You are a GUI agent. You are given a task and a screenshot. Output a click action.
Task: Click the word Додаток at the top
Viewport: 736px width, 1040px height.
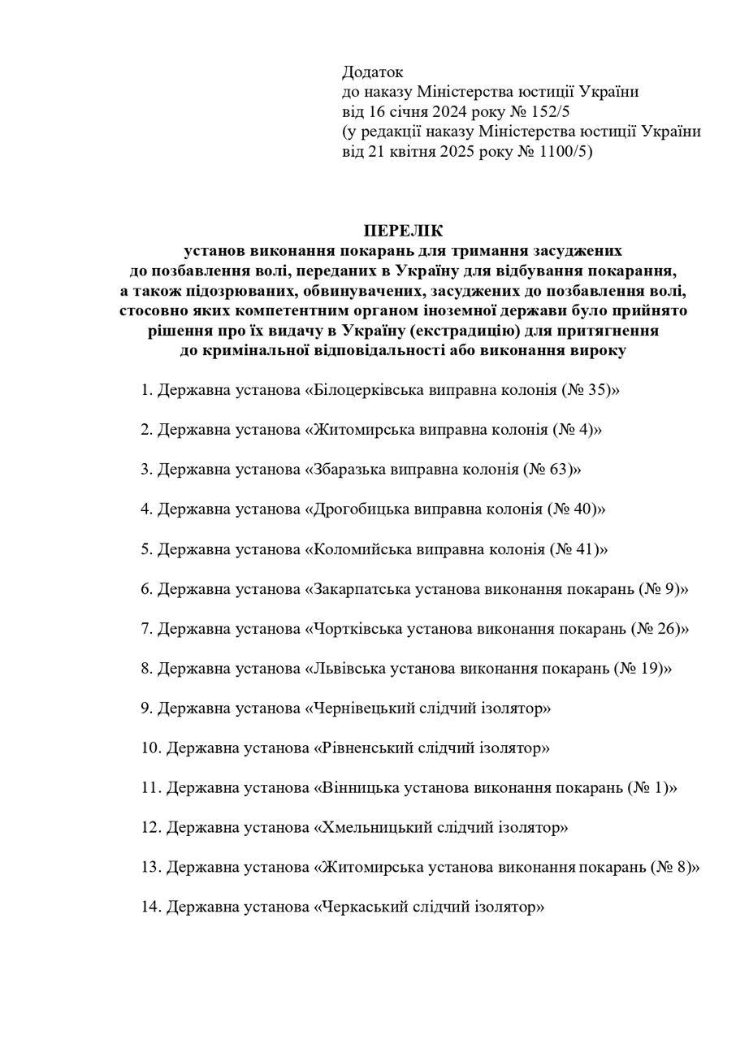(373, 72)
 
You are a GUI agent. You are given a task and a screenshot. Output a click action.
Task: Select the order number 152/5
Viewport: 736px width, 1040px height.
(549, 112)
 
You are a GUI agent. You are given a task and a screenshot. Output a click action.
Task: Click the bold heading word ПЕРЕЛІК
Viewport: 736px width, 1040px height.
(404, 231)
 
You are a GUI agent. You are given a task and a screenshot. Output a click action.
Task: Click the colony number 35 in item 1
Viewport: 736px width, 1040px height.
(598, 390)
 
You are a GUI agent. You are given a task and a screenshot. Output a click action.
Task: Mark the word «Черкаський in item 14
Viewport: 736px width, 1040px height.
(362, 908)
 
